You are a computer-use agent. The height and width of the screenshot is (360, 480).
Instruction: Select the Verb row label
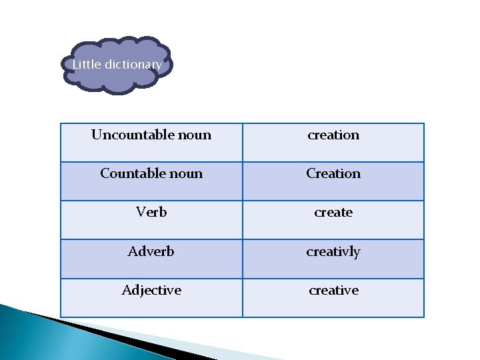click(151, 212)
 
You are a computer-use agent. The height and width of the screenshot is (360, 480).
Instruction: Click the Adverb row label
click(151, 251)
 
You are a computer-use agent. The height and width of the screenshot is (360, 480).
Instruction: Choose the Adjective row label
click(151, 290)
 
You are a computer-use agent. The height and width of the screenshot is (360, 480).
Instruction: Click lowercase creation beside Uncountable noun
click(333, 135)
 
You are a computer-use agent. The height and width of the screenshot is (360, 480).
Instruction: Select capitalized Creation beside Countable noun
click(333, 173)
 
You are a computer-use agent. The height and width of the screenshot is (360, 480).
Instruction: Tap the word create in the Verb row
click(333, 212)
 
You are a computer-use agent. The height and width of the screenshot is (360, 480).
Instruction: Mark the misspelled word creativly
click(333, 252)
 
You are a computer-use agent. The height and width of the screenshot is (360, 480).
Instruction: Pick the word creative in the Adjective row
click(333, 290)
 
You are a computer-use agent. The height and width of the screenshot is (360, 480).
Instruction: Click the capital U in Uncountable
click(96, 135)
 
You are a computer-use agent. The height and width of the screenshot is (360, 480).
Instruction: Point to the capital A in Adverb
click(133, 251)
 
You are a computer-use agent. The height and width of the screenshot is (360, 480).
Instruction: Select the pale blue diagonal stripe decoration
click(200, 344)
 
